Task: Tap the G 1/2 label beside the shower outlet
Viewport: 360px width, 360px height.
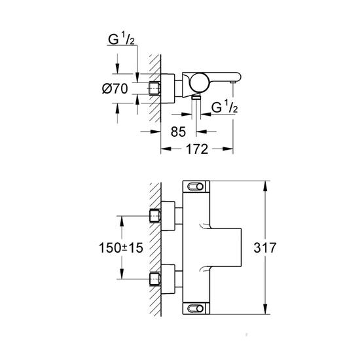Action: pos(223,107)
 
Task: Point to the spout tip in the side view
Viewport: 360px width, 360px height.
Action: pos(230,81)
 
